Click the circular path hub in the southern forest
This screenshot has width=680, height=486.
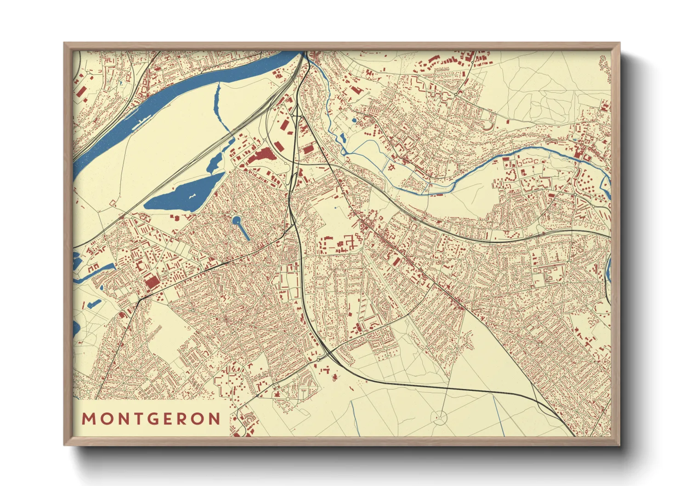(440, 417)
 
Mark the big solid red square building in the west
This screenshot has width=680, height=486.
(150, 281)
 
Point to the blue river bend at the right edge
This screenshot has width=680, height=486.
(608, 271)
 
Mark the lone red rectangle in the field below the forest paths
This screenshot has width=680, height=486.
(508, 122)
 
